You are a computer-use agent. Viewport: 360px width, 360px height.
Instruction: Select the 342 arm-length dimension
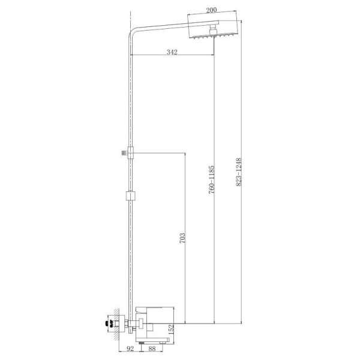[172, 53]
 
